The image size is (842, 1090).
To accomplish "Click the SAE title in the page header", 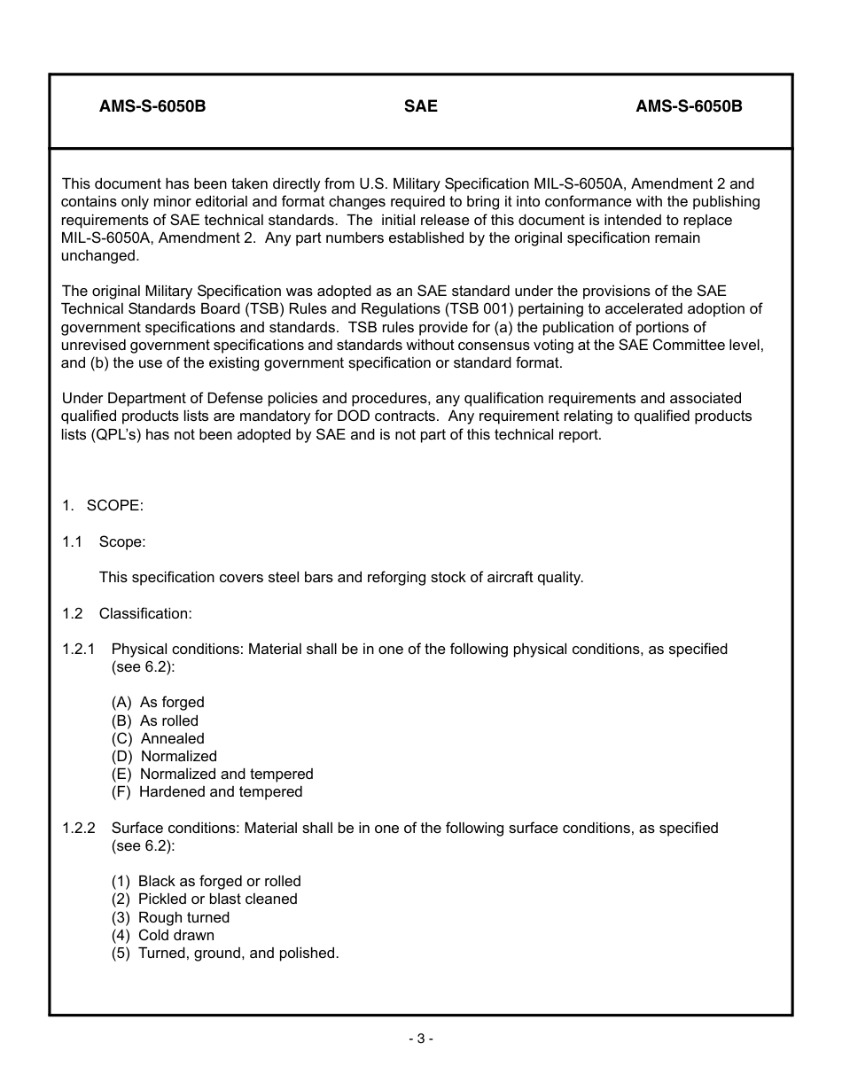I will (x=420, y=106).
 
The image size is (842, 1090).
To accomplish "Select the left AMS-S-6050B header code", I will (x=152, y=106).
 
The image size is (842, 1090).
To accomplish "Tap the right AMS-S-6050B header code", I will (x=689, y=106).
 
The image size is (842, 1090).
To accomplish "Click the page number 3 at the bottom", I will (x=420, y=1039).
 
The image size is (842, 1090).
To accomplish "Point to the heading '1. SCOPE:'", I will (x=103, y=505).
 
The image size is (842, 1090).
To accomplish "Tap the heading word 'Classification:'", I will (x=145, y=613).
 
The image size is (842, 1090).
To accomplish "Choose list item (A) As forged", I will (x=158, y=703).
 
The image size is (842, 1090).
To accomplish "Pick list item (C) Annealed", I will (x=158, y=738).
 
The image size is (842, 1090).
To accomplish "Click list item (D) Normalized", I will (x=164, y=756).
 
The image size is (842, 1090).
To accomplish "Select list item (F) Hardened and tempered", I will (x=207, y=791).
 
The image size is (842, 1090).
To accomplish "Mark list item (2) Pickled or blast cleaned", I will (x=204, y=899).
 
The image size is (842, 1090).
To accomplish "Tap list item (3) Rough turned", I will (x=170, y=917).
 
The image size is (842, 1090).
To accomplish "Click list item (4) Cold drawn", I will (x=162, y=935).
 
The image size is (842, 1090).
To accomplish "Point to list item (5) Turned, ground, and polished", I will (x=225, y=954).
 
